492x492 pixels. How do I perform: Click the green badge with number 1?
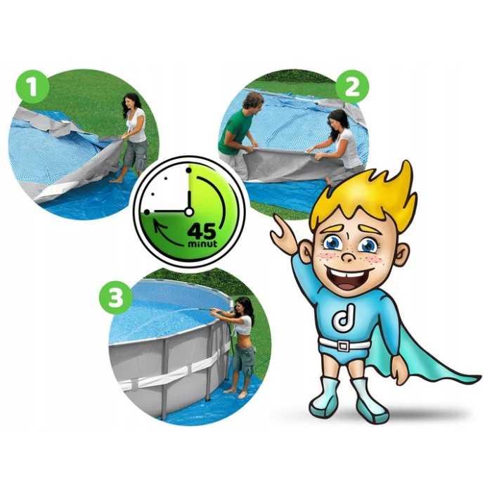pyautogui.click(x=32, y=87)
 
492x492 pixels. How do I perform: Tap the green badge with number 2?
pyautogui.click(x=352, y=87)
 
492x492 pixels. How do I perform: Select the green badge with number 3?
pyautogui.click(x=115, y=297)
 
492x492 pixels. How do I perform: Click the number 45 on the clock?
pyautogui.click(x=202, y=231)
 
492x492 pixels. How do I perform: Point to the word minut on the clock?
pyautogui.click(x=202, y=243)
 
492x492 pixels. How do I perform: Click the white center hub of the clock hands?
pyautogui.click(x=188, y=212)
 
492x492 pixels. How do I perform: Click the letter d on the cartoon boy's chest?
pyautogui.click(x=344, y=318)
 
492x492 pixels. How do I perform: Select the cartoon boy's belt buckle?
pyautogui.click(x=343, y=346)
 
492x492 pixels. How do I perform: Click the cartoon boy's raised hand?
pyautogui.click(x=284, y=233)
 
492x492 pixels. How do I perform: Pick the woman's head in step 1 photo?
pyautogui.click(x=132, y=102)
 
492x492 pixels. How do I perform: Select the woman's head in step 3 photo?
pyautogui.click(x=243, y=307)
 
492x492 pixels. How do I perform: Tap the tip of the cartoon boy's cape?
pyautogui.click(x=480, y=377)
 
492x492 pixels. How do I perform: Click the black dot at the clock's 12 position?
pyautogui.click(x=188, y=170)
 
